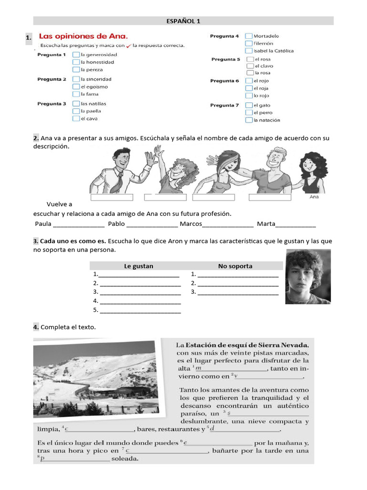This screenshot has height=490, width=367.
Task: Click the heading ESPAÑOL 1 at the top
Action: (183, 21)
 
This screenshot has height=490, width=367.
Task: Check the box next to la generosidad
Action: (76, 55)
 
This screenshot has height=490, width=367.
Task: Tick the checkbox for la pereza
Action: (76, 69)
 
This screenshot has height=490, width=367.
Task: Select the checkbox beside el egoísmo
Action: (76, 87)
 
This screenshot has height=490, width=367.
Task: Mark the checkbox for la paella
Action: (76, 111)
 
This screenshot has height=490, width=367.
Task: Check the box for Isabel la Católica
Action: (248, 50)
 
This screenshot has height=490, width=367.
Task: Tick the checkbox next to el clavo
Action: (250, 66)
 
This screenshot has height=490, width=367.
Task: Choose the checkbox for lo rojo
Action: (249, 95)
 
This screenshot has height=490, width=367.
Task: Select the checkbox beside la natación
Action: (249, 120)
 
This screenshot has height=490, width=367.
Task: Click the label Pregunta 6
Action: (224, 81)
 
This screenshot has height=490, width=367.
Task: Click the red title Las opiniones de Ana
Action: (83, 36)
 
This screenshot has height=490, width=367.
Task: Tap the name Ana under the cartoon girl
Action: (314, 197)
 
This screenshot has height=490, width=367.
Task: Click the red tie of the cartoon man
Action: (120, 180)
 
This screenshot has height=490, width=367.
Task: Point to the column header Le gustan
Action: (139, 266)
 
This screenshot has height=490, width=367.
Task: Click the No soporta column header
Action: (235, 266)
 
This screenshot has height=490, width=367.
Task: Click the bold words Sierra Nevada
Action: (285, 345)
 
